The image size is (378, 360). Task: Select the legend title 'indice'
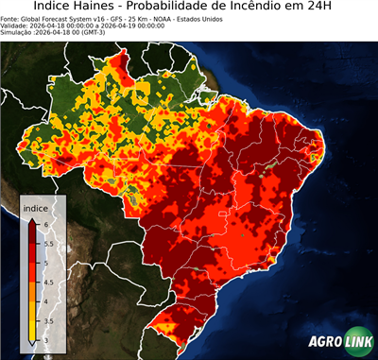click(x=36, y=208)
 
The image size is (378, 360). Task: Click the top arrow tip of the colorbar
click(x=32, y=218)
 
